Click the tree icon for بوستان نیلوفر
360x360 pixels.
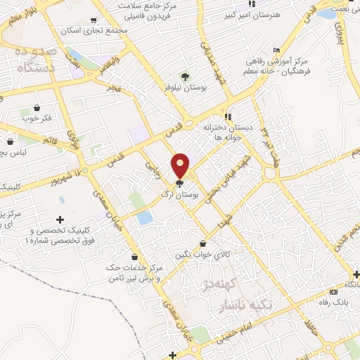click(x=185, y=75)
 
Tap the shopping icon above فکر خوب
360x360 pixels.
click(x=37, y=109)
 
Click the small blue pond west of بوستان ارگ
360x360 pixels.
click(x=145, y=217)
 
